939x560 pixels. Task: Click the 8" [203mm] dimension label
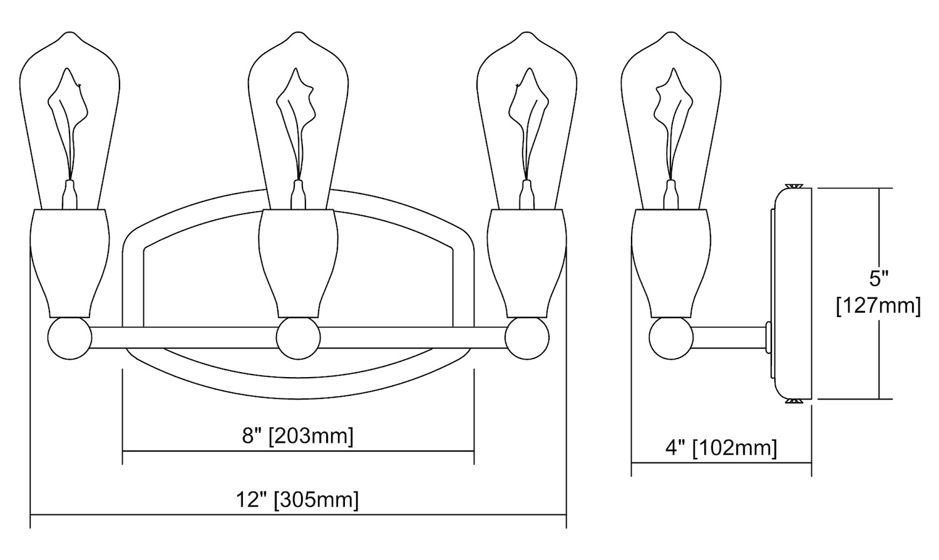[x=297, y=436]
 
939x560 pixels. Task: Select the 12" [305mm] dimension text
[x=297, y=500]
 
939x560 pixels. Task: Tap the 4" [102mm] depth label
[x=721, y=448]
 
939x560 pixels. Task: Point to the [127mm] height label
[x=878, y=306]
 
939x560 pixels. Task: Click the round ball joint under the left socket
[x=69, y=338]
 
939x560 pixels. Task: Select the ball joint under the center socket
[x=298, y=338]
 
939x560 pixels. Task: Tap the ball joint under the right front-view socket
[x=527, y=338]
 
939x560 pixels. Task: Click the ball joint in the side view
[x=670, y=338]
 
